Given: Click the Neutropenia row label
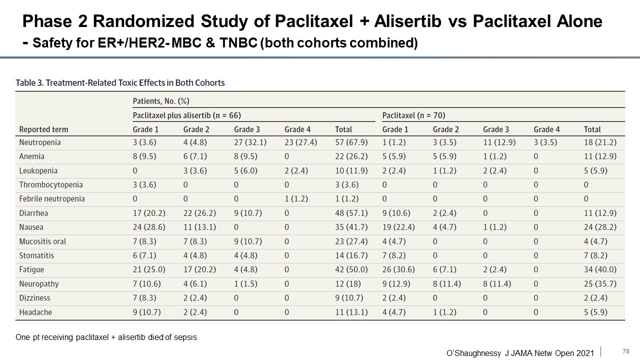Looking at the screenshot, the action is click(x=40, y=142).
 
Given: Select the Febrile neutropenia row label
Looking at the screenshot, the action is click(x=52, y=199).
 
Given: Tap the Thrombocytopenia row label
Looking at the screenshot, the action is click(x=51, y=185).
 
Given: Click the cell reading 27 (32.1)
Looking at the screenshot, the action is click(x=250, y=142).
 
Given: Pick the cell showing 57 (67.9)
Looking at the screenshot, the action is click(x=351, y=142).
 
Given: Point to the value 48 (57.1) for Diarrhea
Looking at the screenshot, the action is click(x=351, y=213).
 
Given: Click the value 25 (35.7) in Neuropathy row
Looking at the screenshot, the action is click(x=600, y=284).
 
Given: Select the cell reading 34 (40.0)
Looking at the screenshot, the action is click(x=600, y=269).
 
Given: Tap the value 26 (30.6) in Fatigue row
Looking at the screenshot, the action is click(x=398, y=269).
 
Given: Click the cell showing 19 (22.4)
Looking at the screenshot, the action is click(x=398, y=227).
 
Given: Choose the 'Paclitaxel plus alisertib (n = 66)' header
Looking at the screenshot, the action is click(x=187, y=115).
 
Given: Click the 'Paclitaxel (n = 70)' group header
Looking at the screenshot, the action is click(x=413, y=115).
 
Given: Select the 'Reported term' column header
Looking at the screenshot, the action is click(x=43, y=129).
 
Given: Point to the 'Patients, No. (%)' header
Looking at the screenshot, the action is click(x=161, y=101).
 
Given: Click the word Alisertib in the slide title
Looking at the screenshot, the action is click(x=407, y=21).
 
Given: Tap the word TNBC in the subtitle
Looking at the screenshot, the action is click(x=238, y=43).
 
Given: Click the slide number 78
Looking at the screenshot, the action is click(x=625, y=351).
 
